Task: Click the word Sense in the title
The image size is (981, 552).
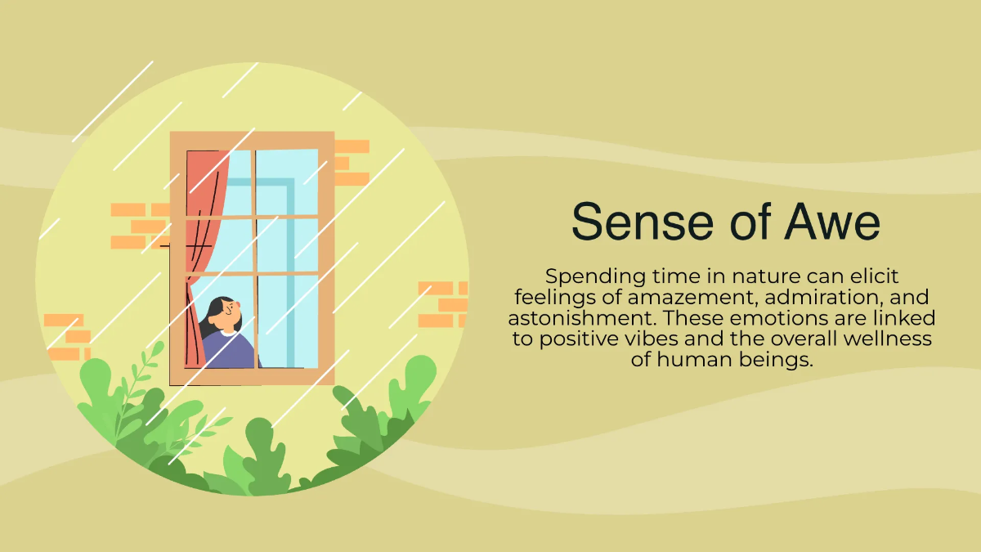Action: pos(642,222)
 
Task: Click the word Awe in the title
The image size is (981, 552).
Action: pos(831,222)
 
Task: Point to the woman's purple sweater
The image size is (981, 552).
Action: pos(230,350)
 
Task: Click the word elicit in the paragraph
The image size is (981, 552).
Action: pos(875,276)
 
